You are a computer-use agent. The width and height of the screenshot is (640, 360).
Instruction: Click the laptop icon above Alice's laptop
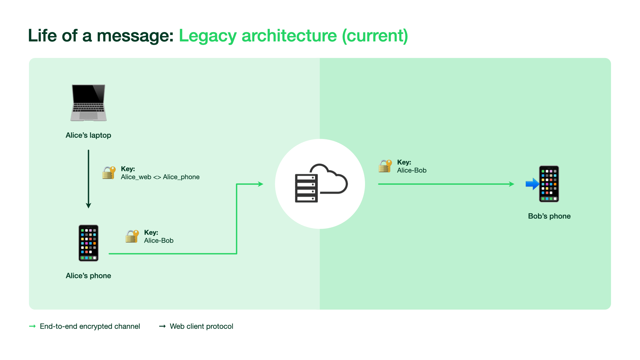[88, 102]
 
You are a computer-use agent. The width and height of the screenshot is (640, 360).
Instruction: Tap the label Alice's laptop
[88, 135]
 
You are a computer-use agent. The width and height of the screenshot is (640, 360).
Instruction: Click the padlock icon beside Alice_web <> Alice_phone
[109, 173]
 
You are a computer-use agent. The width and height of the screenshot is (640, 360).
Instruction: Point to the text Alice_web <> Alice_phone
[160, 177]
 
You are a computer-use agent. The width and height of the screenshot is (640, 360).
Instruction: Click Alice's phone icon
[88, 243]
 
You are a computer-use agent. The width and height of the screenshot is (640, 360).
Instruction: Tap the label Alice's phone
[88, 276]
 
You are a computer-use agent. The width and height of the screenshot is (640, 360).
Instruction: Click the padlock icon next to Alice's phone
[132, 236]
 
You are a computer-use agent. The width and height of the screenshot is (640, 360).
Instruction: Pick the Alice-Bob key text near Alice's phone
[159, 241]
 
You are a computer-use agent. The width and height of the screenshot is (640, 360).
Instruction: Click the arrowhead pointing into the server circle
[261, 184]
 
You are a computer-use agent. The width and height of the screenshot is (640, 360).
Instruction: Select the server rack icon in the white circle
[306, 188]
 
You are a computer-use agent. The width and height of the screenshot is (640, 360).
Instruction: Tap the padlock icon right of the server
[385, 166]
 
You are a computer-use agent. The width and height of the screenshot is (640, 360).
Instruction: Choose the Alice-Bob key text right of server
[412, 170]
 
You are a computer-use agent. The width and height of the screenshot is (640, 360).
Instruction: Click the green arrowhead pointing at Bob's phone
[512, 184]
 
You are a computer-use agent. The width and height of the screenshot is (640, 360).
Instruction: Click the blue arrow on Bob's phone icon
[532, 184]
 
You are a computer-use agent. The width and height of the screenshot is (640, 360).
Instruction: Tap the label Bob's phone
[549, 216]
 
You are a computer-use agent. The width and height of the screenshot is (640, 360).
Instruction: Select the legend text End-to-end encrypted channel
[90, 326]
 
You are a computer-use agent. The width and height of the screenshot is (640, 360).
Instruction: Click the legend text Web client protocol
[201, 326]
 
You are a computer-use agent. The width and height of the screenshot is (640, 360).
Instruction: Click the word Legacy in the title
[208, 36]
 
